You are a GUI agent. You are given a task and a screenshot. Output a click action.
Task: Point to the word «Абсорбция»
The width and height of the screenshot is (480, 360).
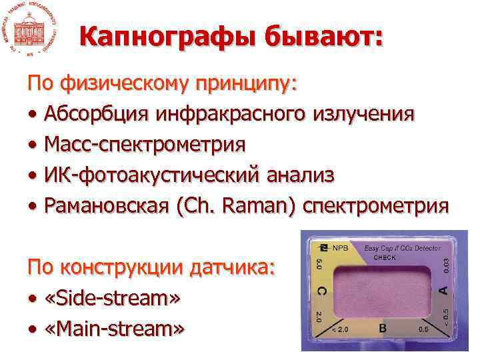95,114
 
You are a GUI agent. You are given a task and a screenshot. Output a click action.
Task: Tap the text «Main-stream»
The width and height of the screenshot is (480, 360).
115,329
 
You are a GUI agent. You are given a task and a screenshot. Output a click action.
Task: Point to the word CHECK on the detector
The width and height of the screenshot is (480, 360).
385,257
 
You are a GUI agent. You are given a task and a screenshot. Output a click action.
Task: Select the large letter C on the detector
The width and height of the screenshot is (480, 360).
322,290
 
